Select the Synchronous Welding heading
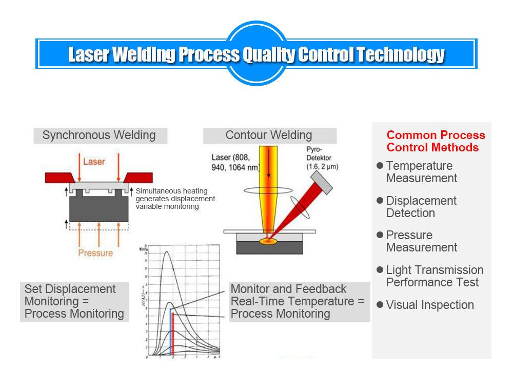click(x=99, y=135)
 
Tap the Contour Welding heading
click(x=269, y=135)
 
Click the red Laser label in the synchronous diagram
click(x=94, y=162)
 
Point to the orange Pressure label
click(x=95, y=252)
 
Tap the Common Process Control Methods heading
click(x=436, y=141)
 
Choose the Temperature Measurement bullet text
click(x=421, y=172)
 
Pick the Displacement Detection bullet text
click(x=421, y=207)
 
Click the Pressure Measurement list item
click(x=421, y=241)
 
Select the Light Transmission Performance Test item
click(x=434, y=276)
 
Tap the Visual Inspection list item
click(x=430, y=305)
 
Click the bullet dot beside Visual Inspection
click(x=380, y=304)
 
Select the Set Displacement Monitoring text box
click(x=74, y=301)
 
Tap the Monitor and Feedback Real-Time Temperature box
click(x=299, y=301)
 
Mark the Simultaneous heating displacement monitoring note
click(x=175, y=199)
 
